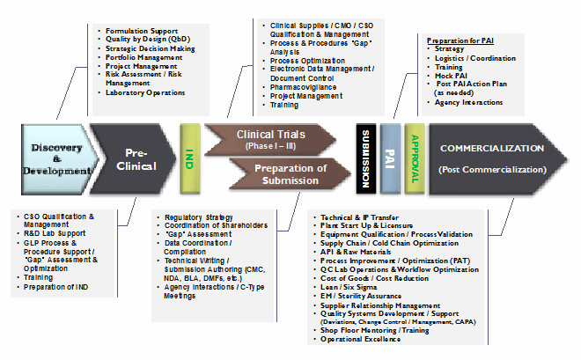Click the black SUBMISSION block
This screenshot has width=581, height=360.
click(365, 158)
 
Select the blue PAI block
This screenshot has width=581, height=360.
click(390, 158)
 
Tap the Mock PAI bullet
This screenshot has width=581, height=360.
click(451, 76)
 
